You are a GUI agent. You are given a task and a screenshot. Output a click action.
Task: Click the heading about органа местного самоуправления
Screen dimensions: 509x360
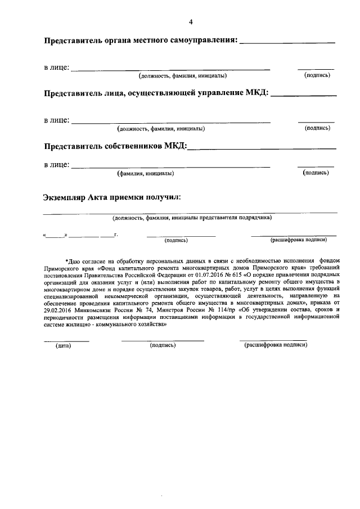pos(141,41)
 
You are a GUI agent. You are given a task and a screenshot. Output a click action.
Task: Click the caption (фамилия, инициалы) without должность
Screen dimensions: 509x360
pos(145,174)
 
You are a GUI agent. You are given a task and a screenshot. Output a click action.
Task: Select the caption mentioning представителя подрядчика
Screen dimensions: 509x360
pos(191,217)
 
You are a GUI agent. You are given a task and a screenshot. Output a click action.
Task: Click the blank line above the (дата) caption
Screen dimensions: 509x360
pos(66,340)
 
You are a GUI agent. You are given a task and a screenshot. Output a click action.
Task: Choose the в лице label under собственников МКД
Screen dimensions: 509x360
pos(56,165)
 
